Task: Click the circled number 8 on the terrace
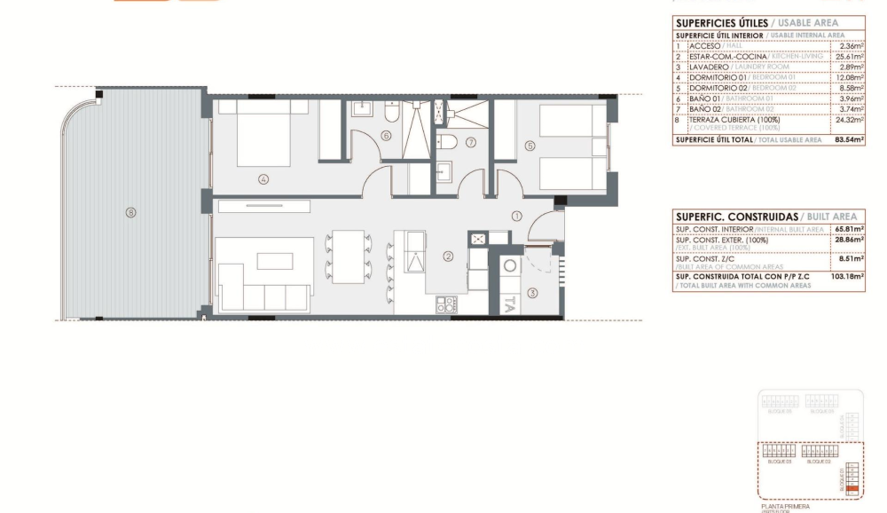(131, 212)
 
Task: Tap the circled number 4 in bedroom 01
(263, 178)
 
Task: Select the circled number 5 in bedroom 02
(530, 147)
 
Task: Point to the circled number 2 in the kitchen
(449, 257)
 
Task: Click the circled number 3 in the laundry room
(532, 292)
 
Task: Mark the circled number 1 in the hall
(517, 216)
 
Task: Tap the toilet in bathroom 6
(391, 114)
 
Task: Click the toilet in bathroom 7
(450, 143)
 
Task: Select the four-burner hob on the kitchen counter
(445, 304)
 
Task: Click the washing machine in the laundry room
(511, 265)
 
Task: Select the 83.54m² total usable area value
(849, 139)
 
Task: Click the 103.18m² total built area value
(849, 277)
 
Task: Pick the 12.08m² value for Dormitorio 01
(849, 77)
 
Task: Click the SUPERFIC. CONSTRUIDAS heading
(735, 217)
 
